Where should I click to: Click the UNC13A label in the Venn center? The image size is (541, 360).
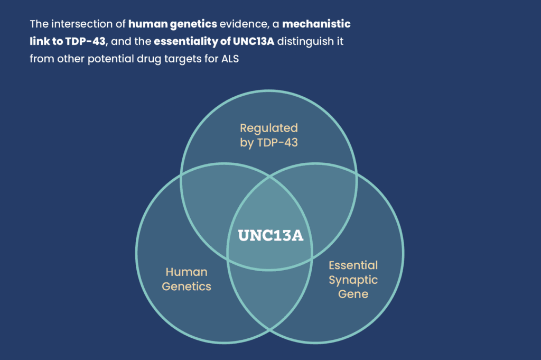point(270,235)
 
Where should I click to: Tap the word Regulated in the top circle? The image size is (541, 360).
point(269,128)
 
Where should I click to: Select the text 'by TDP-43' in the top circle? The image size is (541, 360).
point(269,143)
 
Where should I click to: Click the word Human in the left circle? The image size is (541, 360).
point(186,272)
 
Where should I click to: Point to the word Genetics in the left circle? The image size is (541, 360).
point(186,287)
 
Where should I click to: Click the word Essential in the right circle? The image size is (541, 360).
point(353,265)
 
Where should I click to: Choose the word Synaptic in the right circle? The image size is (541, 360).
point(353,280)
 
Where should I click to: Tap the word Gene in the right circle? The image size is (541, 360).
point(353,294)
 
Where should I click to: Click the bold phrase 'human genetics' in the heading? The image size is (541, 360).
point(173,24)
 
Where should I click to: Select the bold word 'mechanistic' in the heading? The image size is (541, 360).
point(316,24)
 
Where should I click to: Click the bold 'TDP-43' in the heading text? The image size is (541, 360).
point(85,41)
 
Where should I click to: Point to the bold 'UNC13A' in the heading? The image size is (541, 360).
point(254,41)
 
